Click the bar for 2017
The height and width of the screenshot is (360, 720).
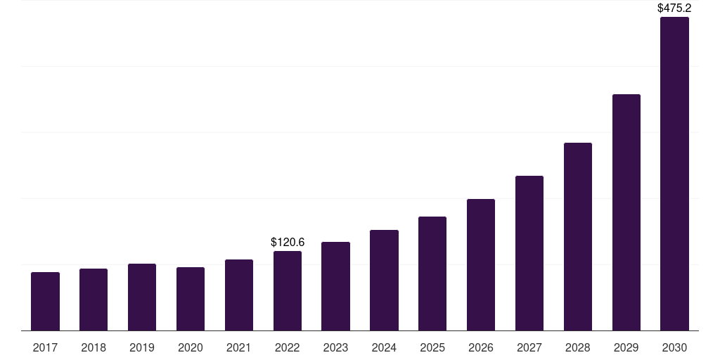pyautogui.click(x=45, y=301)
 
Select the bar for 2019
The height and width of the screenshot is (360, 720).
pyautogui.click(x=142, y=297)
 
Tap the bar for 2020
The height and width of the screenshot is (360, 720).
pyautogui.click(x=191, y=299)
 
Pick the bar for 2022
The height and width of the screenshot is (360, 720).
pyautogui.click(x=288, y=290)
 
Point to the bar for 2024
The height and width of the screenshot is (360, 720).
pyautogui.click(x=385, y=280)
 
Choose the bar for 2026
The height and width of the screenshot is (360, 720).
pyautogui.click(x=481, y=265)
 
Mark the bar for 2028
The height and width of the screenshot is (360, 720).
pyautogui.click(x=578, y=236)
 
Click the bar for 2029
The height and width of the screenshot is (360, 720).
pyautogui.click(x=626, y=212)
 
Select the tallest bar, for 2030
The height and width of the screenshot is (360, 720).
pyautogui.click(x=674, y=174)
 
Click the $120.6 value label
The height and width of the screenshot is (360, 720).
pyautogui.click(x=288, y=242)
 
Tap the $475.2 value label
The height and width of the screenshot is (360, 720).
pyautogui.click(x=674, y=8)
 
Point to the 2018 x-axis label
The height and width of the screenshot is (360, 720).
pyautogui.click(x=94, y=347)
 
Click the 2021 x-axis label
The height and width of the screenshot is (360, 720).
pyautogui.click(x=239, y=347)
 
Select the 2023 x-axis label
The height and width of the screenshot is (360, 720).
pyautogui.click(x=335, y=347)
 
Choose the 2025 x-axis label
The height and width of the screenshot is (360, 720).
pyautogui.click(x=432, y=347)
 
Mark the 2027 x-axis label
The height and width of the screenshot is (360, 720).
pyautogui.click(x=529, y=347)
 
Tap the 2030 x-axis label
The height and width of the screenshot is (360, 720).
pyautogui.click(x=674, y=347)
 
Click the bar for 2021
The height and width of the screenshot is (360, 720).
pyautogui.click(x=239, y=295)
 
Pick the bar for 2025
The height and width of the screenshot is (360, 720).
pyautogui.click(x=432, y=274)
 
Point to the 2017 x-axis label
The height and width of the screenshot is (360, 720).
pyautogui.click(x=45, y=347)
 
